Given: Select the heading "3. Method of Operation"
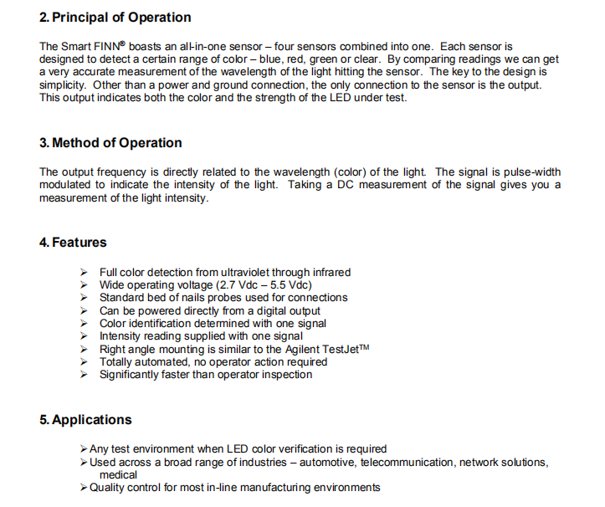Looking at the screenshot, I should (x=110, y=143).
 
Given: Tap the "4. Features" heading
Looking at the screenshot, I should (x=73, y=243).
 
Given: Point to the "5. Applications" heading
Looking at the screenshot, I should (x=85, y=420).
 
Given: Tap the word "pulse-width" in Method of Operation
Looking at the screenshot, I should (x=528, y=172).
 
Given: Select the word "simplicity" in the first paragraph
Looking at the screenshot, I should (x=64, y=85).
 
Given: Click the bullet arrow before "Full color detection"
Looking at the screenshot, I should (x=84, y=272).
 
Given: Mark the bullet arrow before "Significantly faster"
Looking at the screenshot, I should (x=84, y=375).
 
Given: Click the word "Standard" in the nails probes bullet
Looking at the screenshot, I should (x=121, y=297).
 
